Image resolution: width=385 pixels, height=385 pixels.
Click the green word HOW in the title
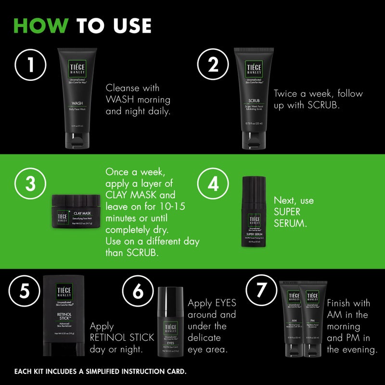point(41,25)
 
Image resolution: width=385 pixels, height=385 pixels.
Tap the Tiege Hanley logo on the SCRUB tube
point(254,70)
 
